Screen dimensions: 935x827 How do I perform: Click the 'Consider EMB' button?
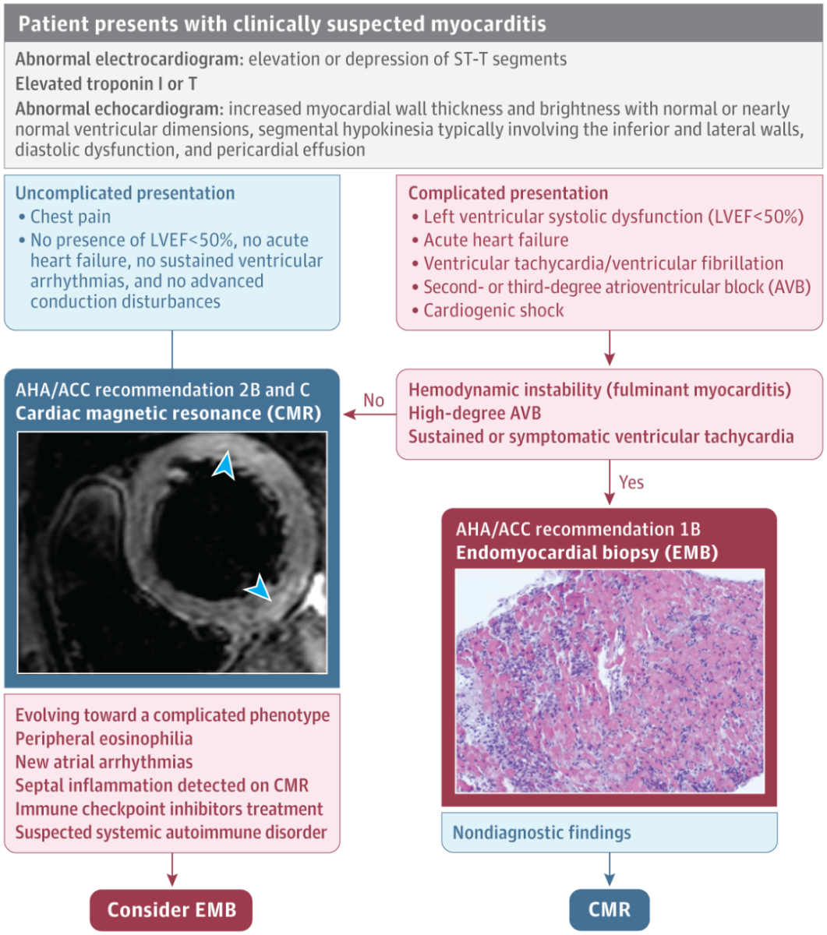click(x=171, y=910)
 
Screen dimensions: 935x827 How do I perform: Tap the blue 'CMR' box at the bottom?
click(x=609, y=910)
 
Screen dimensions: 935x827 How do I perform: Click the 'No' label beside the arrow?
click(x=374, y=400)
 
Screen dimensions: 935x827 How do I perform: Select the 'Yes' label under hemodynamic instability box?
click(x=631, y=482)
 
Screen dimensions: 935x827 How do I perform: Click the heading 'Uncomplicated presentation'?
click(x=125, y=193)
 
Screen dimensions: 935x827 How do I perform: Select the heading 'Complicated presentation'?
click(x=508, y=193)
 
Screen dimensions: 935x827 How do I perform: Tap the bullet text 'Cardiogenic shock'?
click(x=493, y=310)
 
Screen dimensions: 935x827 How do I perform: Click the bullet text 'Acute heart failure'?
click(x=496, y=240)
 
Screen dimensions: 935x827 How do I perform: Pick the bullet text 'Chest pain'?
click(x=70, y=217)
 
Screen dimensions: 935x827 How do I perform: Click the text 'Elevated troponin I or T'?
click(x=106, y=83)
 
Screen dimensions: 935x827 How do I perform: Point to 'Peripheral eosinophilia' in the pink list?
click(x=104, y=739)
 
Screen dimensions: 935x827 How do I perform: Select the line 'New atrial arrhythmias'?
click(x=104, y=762)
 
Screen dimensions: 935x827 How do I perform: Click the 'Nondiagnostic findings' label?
click(x=542, y=832)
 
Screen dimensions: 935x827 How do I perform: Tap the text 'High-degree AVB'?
click(x=475, y=413)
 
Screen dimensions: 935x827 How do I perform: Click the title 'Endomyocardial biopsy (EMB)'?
click(x=587, y=553)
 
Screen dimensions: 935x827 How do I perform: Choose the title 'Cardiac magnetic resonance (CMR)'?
click(x=168, y=413)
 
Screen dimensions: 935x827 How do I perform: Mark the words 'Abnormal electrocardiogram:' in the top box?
click(x=129, y=59)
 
